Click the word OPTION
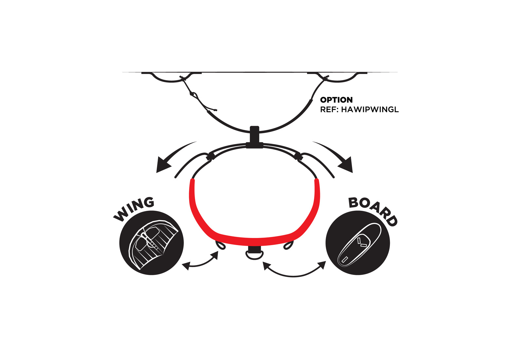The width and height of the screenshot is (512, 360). point(336,100)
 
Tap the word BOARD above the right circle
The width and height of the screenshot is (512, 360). point(373,211)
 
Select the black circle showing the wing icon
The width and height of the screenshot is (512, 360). point(151,243)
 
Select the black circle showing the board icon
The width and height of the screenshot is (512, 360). point(358,243)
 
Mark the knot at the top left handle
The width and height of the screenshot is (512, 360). point(182,78)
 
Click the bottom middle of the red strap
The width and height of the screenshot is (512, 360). point(255,242)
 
